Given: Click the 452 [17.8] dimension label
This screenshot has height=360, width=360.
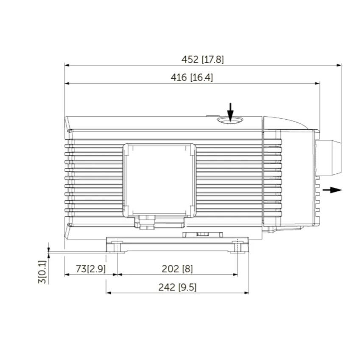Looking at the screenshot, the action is click(202, 59).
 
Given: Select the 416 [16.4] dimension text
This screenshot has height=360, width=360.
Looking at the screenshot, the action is click(192, 77).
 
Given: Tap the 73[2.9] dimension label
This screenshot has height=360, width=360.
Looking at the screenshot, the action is click(91, 269).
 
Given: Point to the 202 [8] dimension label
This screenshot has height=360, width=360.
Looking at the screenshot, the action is click(177, 269).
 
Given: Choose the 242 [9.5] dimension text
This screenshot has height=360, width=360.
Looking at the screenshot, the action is click(177, 287).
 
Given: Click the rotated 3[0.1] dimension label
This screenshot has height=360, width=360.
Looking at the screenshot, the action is click(42, 272).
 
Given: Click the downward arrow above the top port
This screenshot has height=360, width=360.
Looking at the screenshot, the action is click(230, 112).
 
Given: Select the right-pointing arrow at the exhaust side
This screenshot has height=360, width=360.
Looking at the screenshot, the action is click(332, 190).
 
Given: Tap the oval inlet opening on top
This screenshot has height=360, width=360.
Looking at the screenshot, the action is click(230, 120).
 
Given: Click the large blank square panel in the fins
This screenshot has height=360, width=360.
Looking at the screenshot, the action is click(159, 180).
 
